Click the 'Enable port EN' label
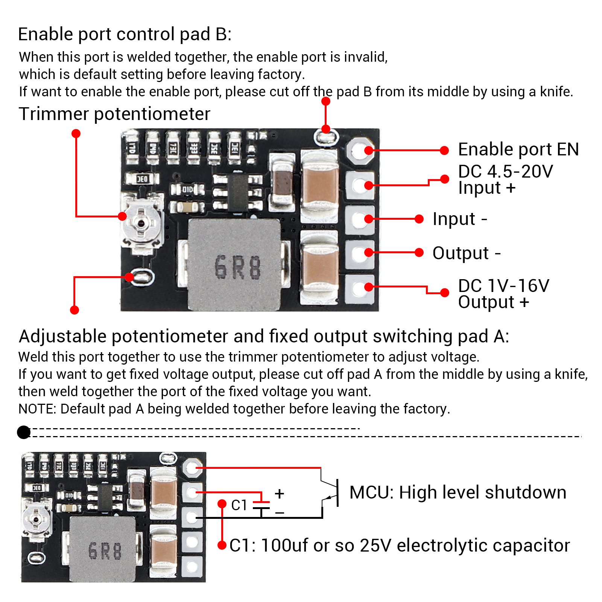click(518, 149)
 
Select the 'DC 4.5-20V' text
click(505, 172)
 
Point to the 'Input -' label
click(459, 219)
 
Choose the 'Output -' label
click(466, 253)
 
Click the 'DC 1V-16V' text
click(503, 286)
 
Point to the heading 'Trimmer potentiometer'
click(114, 114)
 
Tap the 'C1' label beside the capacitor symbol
click(239, 505)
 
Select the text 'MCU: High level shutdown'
click(458, 493)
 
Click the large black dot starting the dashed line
click(24, 432)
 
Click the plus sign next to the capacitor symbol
click(279, 493)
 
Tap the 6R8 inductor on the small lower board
click(103, 549)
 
